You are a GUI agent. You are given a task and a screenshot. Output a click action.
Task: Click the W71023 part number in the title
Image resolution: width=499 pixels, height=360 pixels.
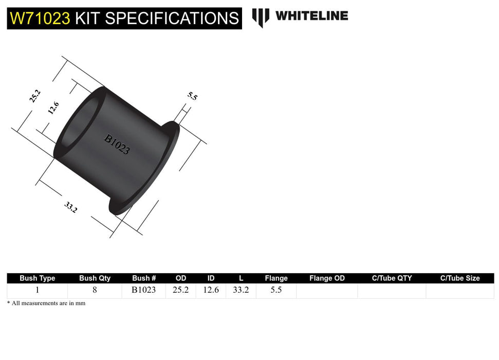(x=40, y=19)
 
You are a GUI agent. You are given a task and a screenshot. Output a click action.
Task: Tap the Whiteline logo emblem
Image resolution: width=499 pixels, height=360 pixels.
(x=261, y=17)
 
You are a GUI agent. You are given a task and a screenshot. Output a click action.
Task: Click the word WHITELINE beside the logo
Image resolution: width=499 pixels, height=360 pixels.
(x=311, y=16)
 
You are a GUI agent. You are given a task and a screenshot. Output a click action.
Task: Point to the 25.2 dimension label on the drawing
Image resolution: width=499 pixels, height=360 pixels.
(x=35, y=96)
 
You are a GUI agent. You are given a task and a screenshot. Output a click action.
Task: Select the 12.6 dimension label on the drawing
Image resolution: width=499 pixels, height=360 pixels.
(x=53, y=109)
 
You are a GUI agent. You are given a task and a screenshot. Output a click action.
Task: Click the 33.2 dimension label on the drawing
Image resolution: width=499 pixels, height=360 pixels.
(x=71, y=207)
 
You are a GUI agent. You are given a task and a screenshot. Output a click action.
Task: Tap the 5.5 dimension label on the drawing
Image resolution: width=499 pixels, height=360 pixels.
(x=192, y=96)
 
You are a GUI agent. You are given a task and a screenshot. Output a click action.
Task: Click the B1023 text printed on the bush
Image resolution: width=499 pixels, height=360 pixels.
(x=117, y=145)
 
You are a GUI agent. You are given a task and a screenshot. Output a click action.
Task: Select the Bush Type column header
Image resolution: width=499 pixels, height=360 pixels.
(x=38, y=278)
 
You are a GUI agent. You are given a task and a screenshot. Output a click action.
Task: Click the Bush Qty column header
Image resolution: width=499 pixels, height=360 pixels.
(x=95, y=278)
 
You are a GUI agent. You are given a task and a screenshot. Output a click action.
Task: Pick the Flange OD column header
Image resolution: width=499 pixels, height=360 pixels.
(x=327, y=278)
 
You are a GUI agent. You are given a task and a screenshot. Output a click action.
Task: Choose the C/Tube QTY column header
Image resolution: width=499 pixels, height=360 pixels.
(x=392, y=278)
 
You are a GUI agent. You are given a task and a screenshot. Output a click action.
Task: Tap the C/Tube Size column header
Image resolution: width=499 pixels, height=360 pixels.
(x=459, y=278)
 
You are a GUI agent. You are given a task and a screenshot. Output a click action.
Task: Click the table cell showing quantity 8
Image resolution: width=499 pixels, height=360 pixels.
(x=95, y=290)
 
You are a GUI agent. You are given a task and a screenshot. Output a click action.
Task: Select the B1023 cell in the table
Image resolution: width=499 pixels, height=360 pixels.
(x=143, y=290)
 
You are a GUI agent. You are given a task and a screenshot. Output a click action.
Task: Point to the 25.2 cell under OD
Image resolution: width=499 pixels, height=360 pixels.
(x=180, y=290)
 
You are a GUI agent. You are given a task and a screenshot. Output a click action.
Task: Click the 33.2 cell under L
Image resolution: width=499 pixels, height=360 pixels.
(x=241, y=290)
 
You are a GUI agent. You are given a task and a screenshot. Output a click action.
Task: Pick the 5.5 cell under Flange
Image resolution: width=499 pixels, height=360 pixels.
(x=276, y=290)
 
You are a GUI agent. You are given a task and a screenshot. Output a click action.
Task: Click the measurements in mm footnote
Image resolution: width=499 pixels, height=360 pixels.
(x=46, y=303)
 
